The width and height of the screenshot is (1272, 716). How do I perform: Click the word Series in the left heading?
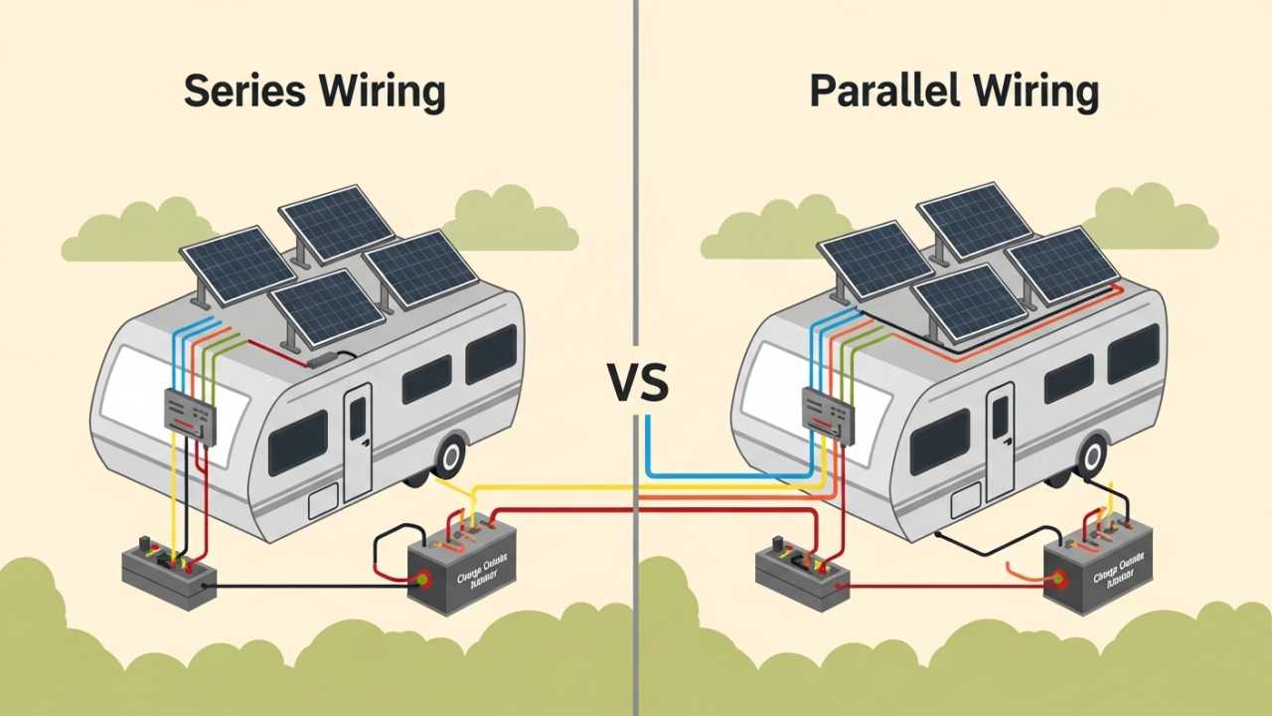click(x=243, y=91)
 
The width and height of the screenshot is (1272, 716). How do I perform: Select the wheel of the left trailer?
click(x=450, y=455)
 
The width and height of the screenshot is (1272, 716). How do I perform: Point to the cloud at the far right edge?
click(x=1153, y=221)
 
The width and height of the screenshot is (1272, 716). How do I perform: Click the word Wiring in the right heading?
click(x=1035, y=91)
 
